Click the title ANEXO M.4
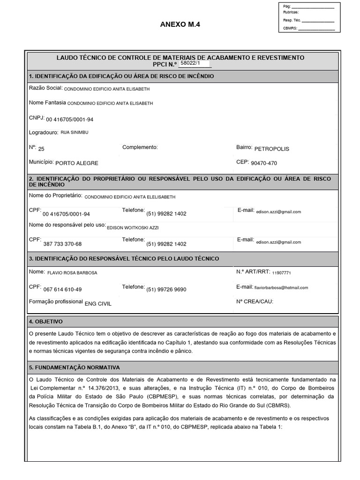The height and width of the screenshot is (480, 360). click(180, 25)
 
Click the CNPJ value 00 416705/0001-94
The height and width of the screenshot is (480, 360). click(69, 120)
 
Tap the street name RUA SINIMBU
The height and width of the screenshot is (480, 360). click(75, 133)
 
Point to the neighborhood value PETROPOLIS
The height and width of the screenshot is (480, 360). click(271, 149)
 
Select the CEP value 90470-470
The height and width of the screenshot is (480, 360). click(264, 163)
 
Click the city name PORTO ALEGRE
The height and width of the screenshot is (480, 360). click(77, 163)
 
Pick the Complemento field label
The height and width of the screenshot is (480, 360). click(140, 147)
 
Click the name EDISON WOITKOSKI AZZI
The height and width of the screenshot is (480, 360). click(133, 227)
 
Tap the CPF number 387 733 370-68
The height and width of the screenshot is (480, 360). click(62, 244)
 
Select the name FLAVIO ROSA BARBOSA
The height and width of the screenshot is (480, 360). click(72, 272)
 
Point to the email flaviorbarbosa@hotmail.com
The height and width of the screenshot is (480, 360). click(281, 287)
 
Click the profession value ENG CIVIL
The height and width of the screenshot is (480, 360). click(98, 303)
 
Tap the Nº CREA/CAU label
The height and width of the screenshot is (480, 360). click(255, 301)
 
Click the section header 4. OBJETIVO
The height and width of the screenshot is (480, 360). click(45, 322)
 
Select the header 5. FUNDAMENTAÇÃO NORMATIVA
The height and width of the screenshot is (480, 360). click(75, 367)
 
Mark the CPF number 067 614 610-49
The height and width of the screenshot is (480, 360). click(62, 289)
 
